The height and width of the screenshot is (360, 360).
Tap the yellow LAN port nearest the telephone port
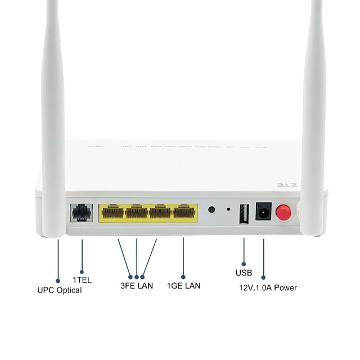click(112, 213)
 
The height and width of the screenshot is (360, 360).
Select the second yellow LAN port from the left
click(137, 213)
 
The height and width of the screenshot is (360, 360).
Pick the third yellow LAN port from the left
click(160, 213)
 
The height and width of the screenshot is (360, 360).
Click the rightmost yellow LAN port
click(185, 213)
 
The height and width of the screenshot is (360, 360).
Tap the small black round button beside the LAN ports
click(212, 210)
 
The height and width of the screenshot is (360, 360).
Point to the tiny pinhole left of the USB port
click(228, 210)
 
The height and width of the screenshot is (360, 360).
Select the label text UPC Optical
click(59, 290)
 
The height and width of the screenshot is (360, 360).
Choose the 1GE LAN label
click(184, 286)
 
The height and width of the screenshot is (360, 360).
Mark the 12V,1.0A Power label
click(268, 287)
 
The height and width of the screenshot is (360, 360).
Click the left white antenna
click(54, 112)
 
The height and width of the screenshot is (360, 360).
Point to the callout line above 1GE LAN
click(184, 256)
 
